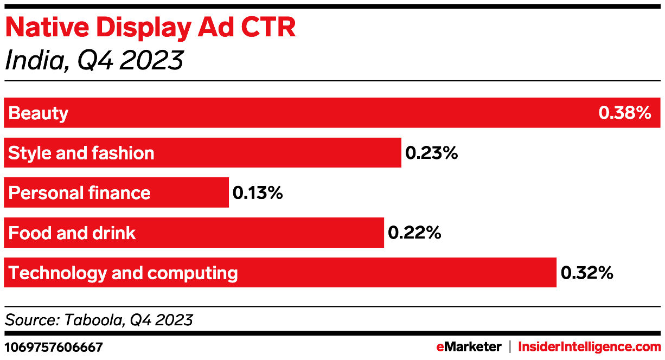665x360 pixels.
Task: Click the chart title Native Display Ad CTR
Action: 150,28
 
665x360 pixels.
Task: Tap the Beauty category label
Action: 39,113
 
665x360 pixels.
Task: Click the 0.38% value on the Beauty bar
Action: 624,113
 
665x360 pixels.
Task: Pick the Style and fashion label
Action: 81,153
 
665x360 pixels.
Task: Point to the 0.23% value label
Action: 432,153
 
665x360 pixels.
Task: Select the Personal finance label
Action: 79,193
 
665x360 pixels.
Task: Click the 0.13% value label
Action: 258,193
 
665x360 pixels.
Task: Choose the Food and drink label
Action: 72,233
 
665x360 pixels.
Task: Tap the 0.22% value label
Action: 414,233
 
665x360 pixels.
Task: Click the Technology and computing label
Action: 123,273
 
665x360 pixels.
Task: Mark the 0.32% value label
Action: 587,273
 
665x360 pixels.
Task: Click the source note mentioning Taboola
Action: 99,319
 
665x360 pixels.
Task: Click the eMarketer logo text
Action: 469,346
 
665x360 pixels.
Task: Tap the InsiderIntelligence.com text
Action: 590,346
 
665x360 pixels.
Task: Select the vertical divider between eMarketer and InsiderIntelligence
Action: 510,346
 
